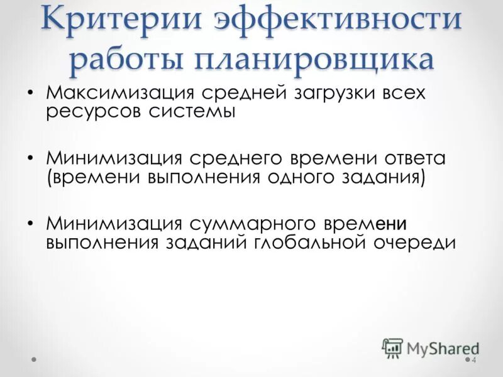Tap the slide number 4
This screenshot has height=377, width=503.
point(474,360)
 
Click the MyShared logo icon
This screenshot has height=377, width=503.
point(392,347)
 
